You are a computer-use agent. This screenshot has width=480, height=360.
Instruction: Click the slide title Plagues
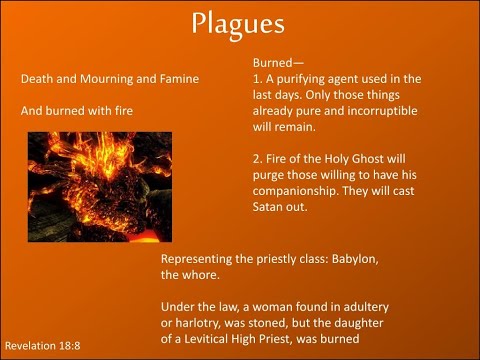click(240, 24)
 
